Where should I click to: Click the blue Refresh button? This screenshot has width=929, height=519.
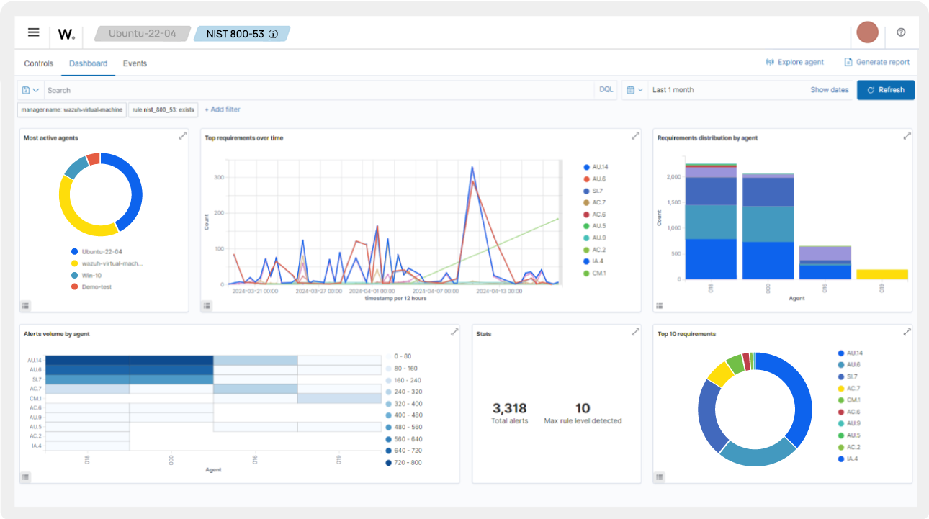[885, 90]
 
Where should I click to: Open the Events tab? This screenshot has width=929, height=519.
[135, 63]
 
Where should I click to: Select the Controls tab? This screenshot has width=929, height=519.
[39, 63]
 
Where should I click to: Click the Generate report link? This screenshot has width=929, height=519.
[877, 63]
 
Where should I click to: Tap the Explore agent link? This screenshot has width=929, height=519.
[795, 63]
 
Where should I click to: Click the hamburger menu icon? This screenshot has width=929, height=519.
[34, 32]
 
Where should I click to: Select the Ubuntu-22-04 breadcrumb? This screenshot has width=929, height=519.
[142, 34]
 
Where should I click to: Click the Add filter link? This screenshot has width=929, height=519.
[223, 109]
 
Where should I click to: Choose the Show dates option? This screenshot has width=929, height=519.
[829, 90]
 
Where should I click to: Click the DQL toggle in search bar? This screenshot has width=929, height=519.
[606, 90]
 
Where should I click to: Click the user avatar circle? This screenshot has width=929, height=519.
[867, 32]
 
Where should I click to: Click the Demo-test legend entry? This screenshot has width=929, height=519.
[97, 286]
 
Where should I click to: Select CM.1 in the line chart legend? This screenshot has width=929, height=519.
[598, 273]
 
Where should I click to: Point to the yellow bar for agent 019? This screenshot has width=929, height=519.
[881, 274]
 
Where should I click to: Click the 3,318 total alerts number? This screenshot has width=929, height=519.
[509, 409]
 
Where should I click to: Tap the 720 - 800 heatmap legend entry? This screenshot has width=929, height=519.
[407, 462]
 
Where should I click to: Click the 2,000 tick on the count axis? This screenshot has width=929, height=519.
[672, 177]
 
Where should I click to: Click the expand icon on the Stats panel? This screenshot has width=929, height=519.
[635, 332]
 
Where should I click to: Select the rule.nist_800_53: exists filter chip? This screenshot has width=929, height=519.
[163, 110]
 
